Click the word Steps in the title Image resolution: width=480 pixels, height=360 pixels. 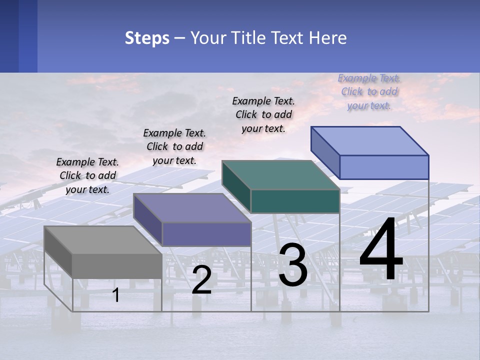(147, 38)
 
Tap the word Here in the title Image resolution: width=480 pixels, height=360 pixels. (328, 38)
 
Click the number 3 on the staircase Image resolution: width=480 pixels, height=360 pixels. (293, 265)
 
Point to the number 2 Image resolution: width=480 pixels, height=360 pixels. (201, 280)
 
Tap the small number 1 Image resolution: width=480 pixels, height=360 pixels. (116, 295)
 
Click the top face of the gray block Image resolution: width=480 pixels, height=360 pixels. (102, 240)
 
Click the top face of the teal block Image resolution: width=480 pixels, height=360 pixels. (280, 175)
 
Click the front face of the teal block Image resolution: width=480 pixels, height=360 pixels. (295, 201)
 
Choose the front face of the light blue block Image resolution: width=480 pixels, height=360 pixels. (384, 167)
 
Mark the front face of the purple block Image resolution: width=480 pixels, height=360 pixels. (206, 234)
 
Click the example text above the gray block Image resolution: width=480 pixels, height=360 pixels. (87, 175)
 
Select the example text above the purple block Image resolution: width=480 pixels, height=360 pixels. (174, 146)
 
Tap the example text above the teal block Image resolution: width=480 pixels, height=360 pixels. (263, 114)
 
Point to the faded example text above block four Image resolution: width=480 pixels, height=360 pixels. (369, 91)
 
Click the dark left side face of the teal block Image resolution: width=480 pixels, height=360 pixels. (236, 187)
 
